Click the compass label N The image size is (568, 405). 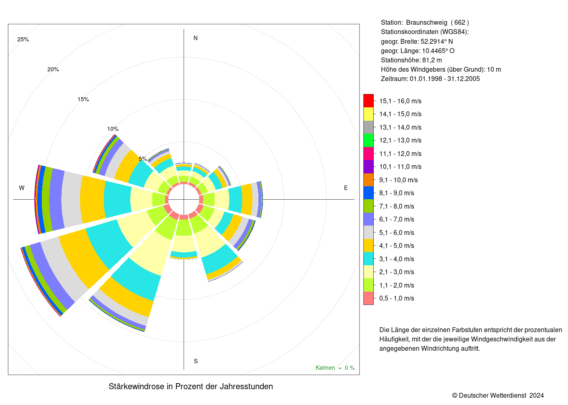(196, 38)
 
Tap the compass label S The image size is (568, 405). (196, 361)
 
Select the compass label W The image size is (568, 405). (22, 188)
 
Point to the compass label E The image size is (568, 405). (346, 188)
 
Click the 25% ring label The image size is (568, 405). (23, 40)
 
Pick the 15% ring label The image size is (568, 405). (83, 99)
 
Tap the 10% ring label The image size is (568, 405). (113, 129)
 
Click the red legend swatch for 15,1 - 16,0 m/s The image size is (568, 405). (368, 101)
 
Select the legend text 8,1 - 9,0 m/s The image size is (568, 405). (397, 193)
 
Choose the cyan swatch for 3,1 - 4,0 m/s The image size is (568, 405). (368, 259)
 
